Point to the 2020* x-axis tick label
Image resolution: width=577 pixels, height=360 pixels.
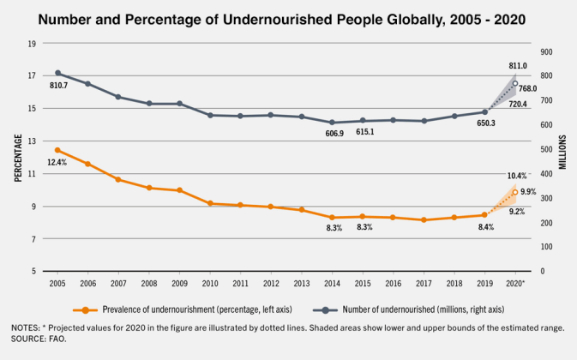(515, 282)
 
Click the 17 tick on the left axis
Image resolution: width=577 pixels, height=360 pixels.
(32, 75)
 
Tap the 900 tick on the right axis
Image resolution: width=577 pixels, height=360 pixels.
(545, 51)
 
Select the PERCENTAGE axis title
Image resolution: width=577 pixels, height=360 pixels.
(18, 157)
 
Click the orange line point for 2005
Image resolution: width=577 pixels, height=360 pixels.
(57, 150)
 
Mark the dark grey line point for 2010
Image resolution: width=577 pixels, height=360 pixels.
(210, 115)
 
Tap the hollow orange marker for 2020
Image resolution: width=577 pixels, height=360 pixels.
(515, 192)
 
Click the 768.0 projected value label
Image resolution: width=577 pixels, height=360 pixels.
(527, 89)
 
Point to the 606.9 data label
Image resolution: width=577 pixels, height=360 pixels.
(329, 134)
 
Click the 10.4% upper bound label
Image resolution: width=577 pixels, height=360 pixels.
(517, 176)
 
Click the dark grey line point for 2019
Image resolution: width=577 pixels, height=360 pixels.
(484, 111)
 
